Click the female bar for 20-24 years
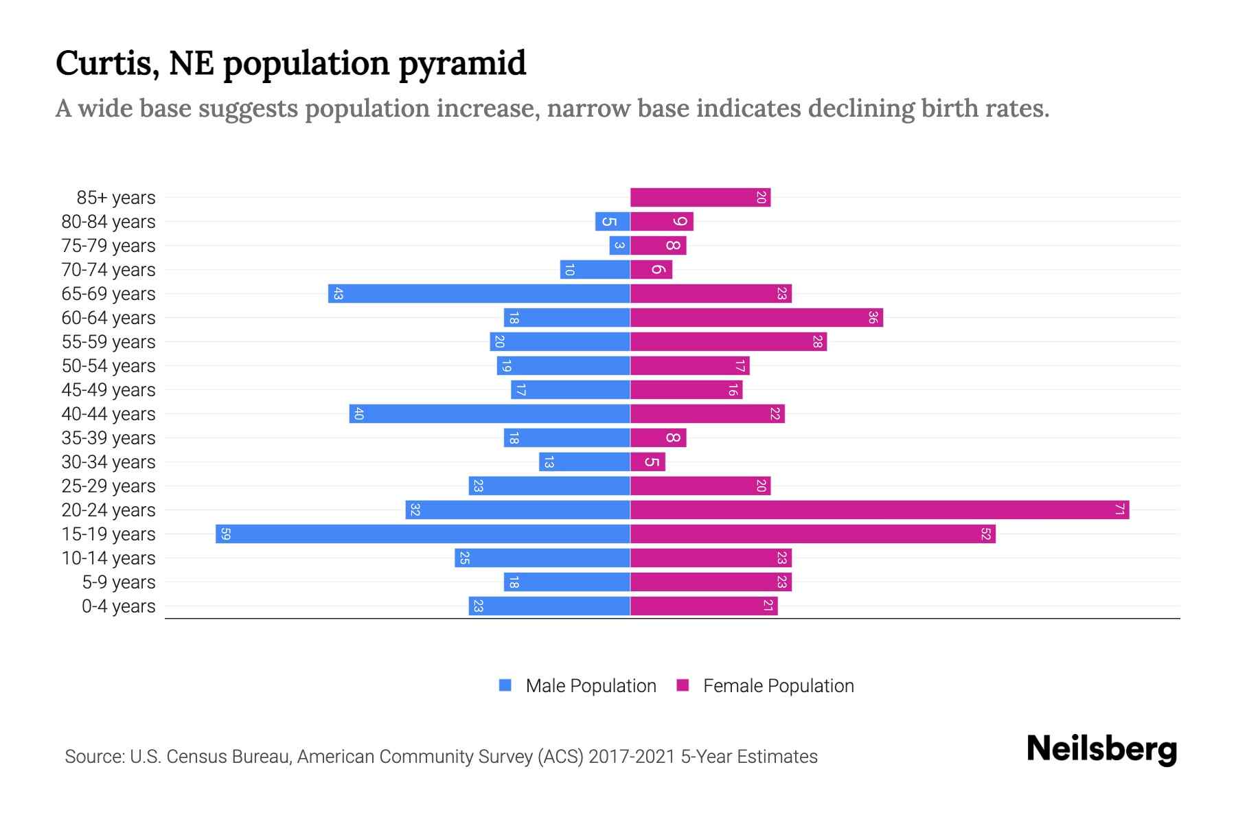(x=879, y=510)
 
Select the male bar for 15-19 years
(x=422, y=534)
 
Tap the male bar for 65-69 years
(x=479, y=293)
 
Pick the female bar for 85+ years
(x=700, y=197)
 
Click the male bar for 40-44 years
(x=489, y=413)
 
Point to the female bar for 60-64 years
(x=756, y=317)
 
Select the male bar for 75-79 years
(x=619, y=245)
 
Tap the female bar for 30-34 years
(x=648, y=461)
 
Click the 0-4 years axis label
(x=118, y=606)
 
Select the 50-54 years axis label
(x=108, y=366)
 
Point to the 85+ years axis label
(x=116, y=198)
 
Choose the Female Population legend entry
(x=766, y=685)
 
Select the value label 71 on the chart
(x=1119, y=510)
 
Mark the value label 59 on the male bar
(x=225, y=534)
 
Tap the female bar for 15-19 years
(x=812, y=534)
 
